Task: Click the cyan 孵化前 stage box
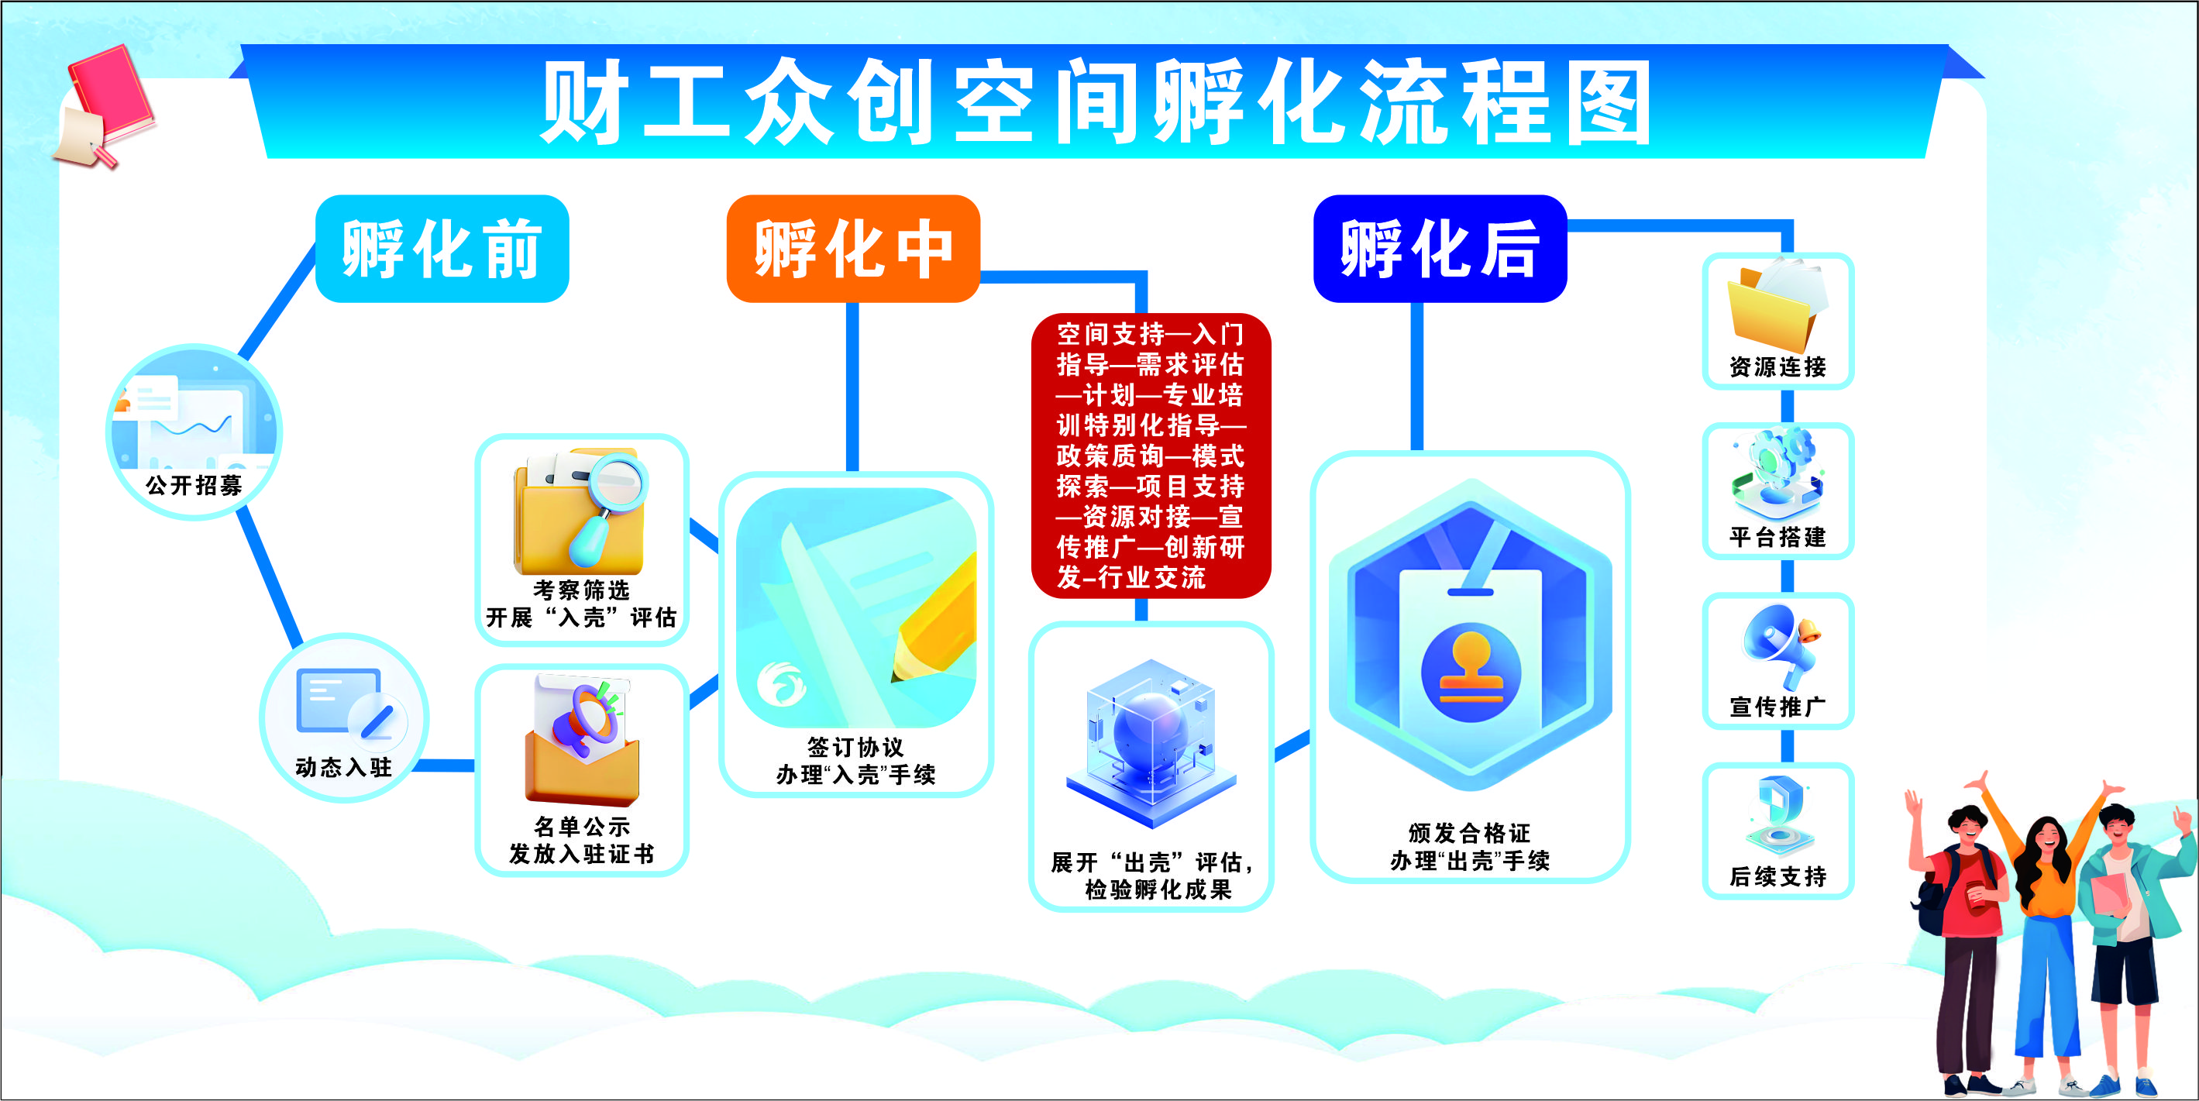coord(442,249)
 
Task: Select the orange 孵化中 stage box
coord(853,249)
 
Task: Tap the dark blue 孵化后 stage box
coord(1440,249)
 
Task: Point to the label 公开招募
coord(194,486)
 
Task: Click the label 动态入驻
coord(343,767)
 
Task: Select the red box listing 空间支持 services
coord(1151,456)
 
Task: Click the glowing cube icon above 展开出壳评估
coord(1151,742)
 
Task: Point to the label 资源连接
coord(1778,367)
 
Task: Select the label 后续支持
coord(1778,876)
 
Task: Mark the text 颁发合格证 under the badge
coord(1469,833)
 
